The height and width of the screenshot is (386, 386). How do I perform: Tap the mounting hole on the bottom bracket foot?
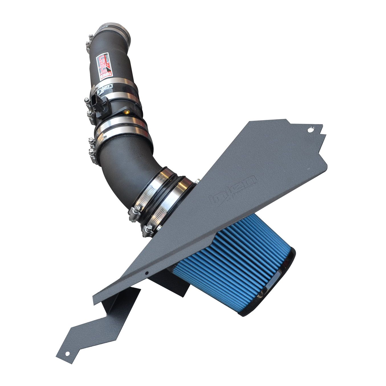(68, 354)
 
